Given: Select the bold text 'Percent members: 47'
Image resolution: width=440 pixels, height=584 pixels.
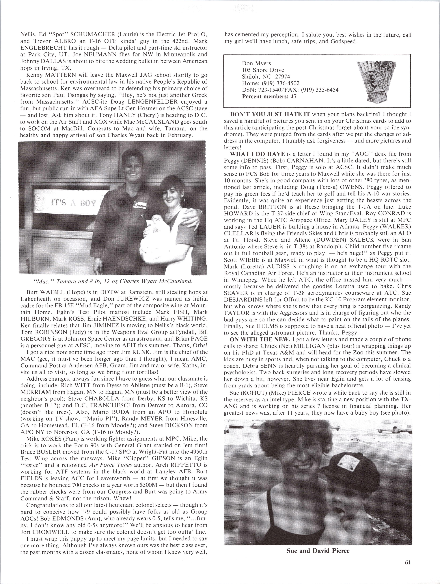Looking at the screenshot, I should tap(269, 97).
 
